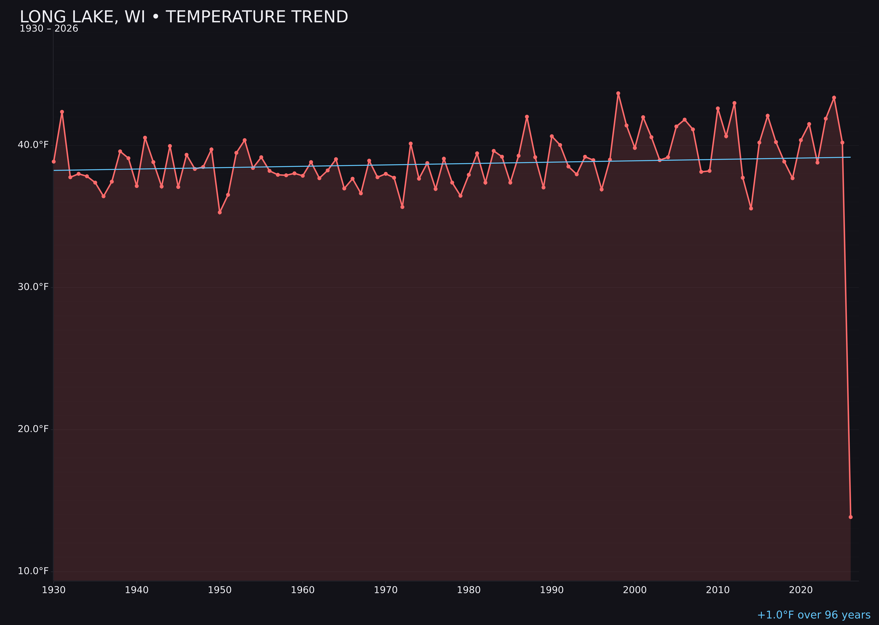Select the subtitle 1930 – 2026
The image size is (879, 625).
click(49, 29)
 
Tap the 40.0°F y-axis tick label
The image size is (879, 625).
click(33, 145)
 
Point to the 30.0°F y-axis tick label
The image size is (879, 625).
click(33, 287)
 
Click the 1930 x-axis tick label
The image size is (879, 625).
click(53, 590)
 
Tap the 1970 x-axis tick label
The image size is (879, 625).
click(386, 590)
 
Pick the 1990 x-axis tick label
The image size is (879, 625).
click(552, 590)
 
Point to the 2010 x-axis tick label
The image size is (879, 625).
click(718, 590)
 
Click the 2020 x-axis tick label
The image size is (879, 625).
click(801, 590)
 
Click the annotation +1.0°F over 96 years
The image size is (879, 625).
click(814, 615)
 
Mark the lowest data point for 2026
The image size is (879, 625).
click(850, 517)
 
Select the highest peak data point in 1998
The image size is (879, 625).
click(618, 93)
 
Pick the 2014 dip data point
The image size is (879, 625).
click(751, 208)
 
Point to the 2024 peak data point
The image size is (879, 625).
click(834, 98)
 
